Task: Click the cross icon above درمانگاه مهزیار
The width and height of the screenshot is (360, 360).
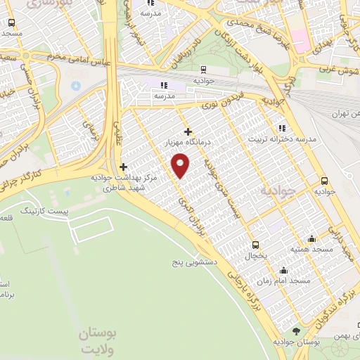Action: coord(187,131)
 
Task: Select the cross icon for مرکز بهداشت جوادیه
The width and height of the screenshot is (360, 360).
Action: coord(124,167)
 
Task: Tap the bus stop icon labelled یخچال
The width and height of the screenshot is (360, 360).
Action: coord(255,245)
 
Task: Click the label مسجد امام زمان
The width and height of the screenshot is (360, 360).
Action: coord(283,281)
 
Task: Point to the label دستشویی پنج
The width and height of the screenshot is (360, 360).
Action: coord(195,262)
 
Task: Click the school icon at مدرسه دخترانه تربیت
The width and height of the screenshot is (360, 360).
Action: coord(282,128)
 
